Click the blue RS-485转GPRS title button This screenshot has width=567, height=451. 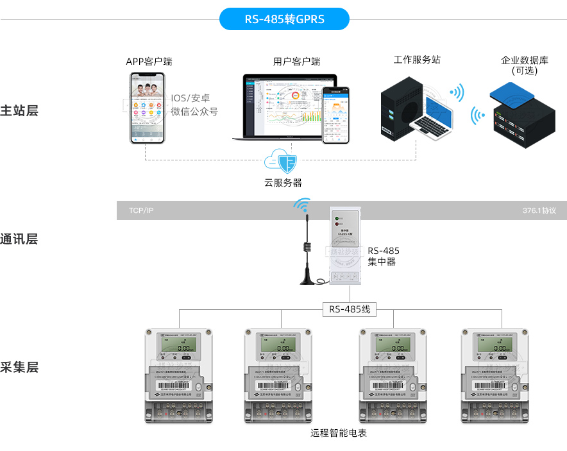[284, 19]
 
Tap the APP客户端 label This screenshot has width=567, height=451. [149, 62]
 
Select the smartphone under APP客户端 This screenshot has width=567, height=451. [146, 107]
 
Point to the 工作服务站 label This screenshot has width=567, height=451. [417, 60]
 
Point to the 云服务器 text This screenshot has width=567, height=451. [283, 182]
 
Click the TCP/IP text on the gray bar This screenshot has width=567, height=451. [141, 210]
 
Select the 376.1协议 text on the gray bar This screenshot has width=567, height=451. [539, 210]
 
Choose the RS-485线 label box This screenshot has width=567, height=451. [350, 309]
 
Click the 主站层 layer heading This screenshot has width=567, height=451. [19, 110]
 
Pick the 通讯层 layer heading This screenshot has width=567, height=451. [19, 239]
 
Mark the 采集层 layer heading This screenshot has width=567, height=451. [19, 368]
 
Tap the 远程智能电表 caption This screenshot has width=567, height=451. [338, 433]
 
